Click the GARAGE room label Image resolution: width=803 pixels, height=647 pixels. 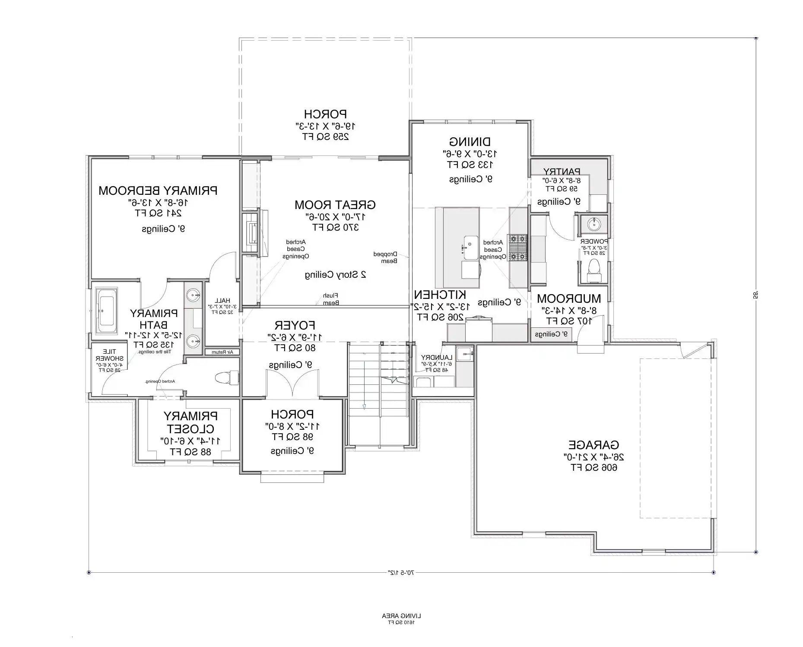point(594,445)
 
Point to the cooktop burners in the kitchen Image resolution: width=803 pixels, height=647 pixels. point(517,247)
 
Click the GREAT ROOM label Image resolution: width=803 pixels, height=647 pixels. point(335,205)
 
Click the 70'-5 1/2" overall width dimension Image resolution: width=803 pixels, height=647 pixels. point(401,573)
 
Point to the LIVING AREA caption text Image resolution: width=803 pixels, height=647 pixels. point(401,615)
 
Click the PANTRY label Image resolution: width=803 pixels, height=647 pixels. point(562,171)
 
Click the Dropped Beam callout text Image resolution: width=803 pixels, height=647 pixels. point(385,257)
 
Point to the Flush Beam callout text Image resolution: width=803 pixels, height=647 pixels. point(330,299)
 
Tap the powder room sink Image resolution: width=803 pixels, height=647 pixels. point(594,224)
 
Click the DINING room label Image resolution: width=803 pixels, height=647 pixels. point(470,142)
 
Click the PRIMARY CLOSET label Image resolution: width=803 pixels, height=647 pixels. point(190,422)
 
